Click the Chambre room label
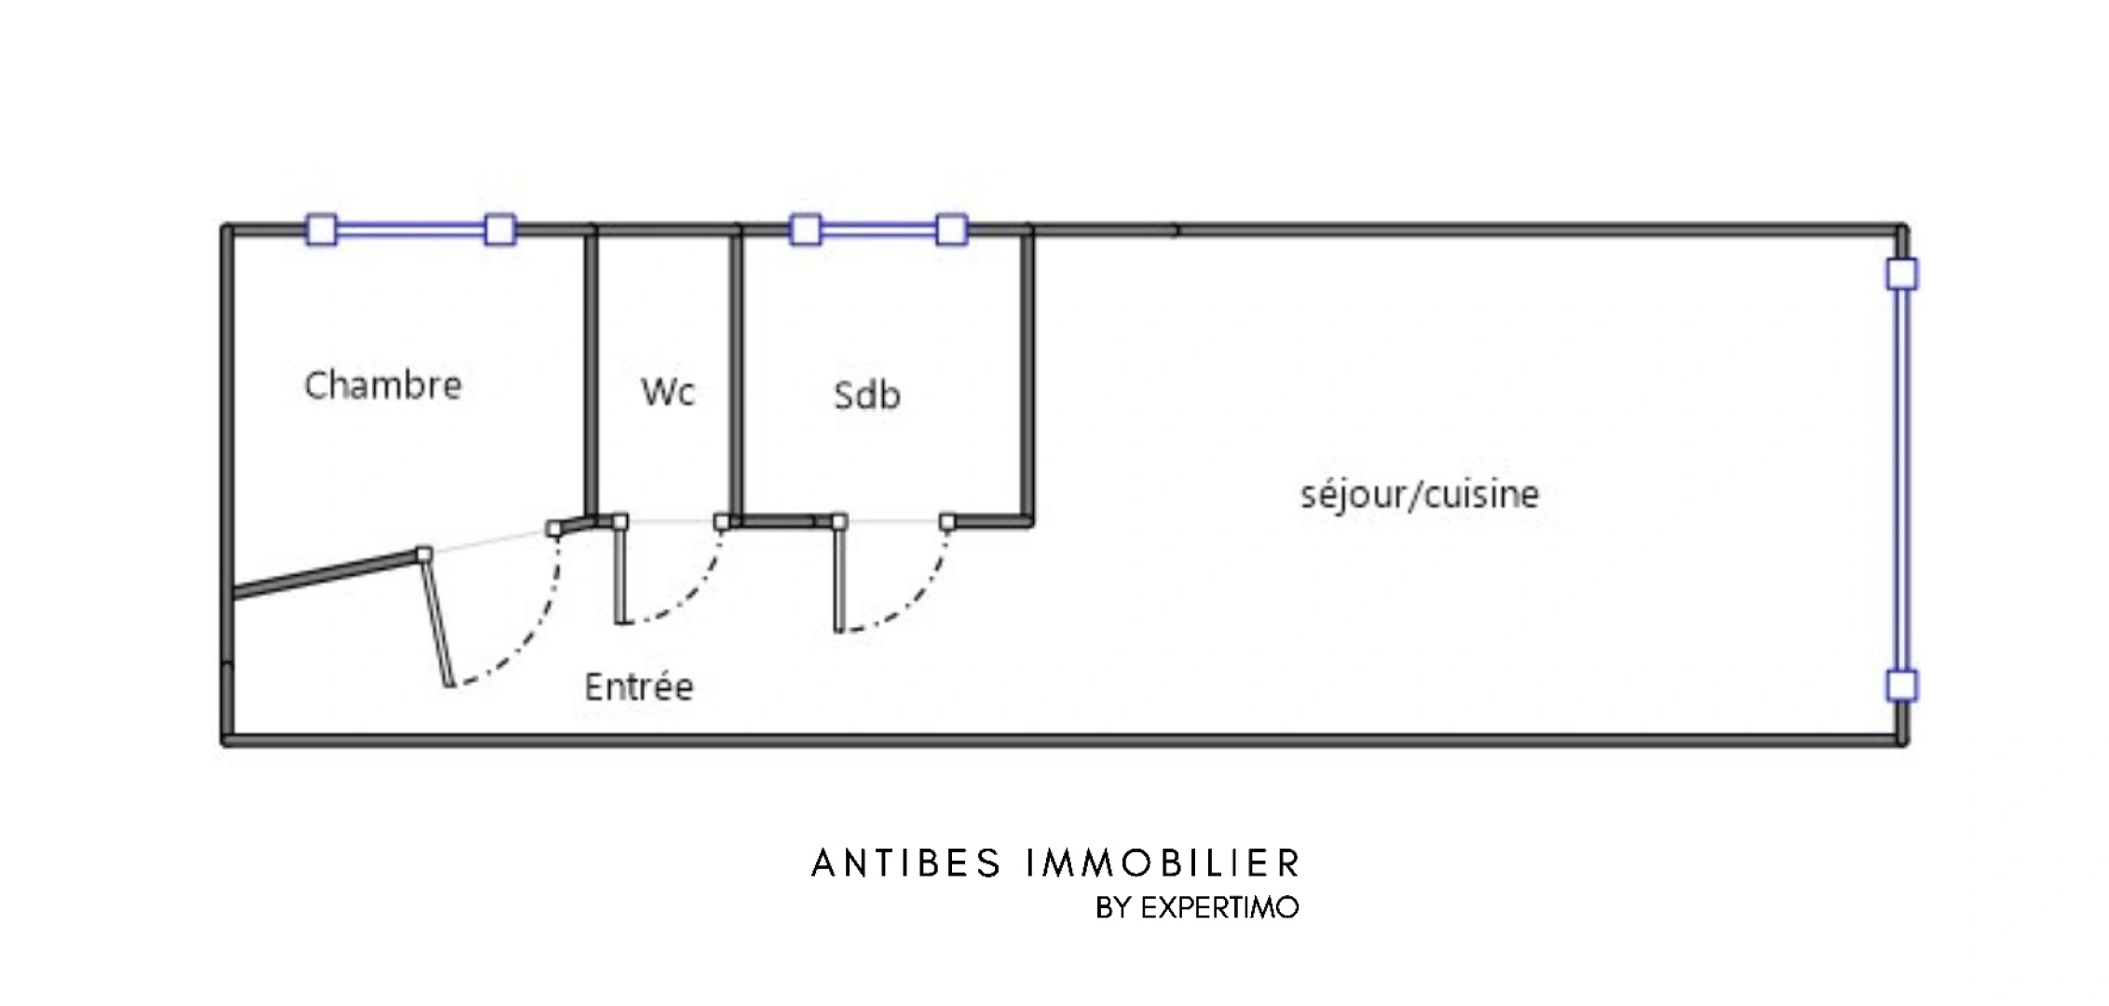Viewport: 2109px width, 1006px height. point(383,385)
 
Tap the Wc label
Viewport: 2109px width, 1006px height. point(668,392)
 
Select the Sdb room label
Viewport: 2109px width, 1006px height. point(867,395)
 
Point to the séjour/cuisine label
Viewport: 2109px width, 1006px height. point(1420,495)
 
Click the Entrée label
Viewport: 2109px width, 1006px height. point(639,687)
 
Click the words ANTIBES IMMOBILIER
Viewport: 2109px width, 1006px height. point(1055,864)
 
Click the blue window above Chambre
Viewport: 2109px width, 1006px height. point(411,229)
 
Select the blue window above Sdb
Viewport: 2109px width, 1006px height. point(878,229)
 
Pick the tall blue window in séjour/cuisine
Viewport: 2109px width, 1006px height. point(1901,480)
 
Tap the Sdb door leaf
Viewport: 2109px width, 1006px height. point(839,577)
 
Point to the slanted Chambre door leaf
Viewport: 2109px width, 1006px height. point(437,619)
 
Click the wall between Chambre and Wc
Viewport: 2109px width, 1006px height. point(591,373)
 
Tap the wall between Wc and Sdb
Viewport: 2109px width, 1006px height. point(737,373)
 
